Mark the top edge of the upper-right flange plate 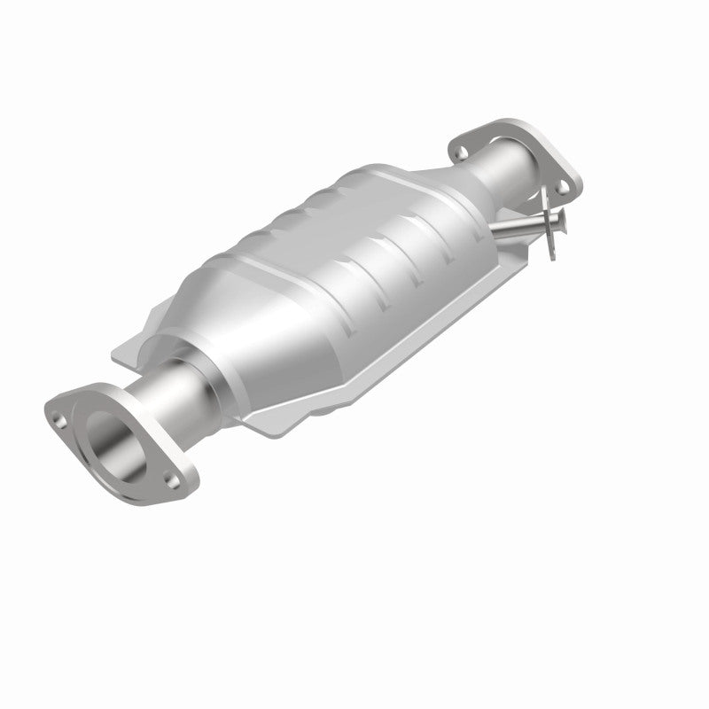point(496,124)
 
